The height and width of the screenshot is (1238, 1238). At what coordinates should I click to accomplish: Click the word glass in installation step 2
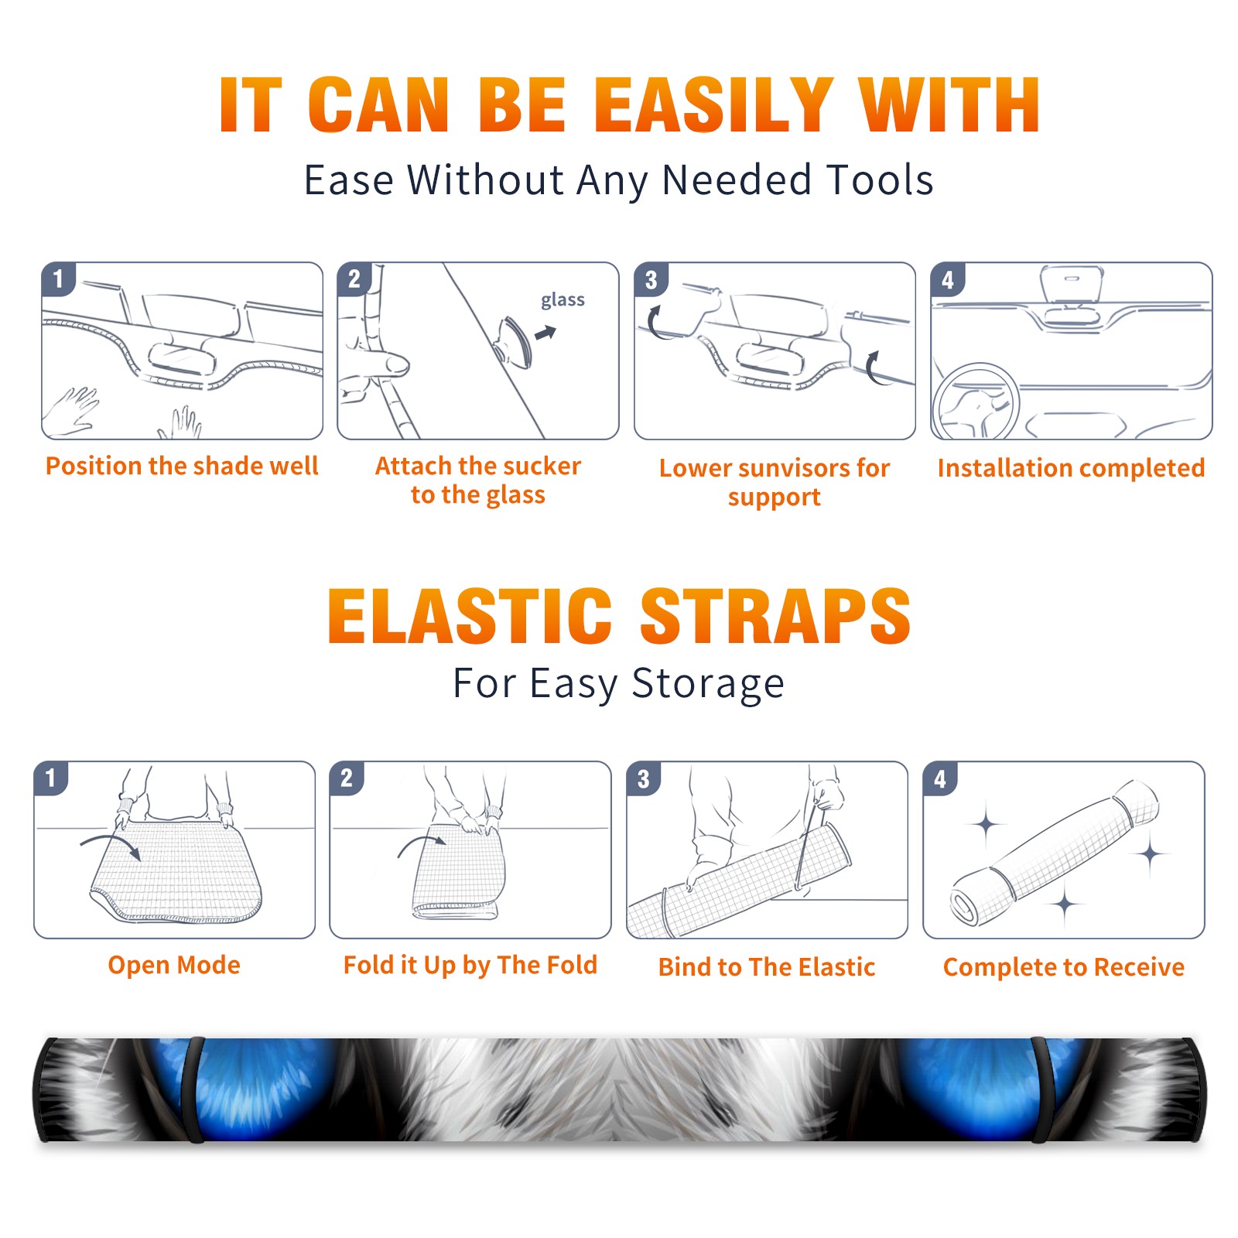pyautogui.click(x=563, y=300)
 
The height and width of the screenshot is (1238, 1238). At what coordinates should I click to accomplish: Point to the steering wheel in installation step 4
pyautogui.click(x=976, y=402)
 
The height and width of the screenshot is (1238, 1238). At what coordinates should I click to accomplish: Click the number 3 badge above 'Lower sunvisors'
pyautogui.click(x=651, y=279)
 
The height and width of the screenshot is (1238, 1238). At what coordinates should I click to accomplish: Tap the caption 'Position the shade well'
pyautogui.click(x=182, y=466)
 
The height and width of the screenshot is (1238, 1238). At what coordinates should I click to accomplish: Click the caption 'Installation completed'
pyautogui.click(x=1071, y=468)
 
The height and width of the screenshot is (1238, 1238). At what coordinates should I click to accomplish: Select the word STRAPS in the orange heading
pyautogui.click(x=775, y=616)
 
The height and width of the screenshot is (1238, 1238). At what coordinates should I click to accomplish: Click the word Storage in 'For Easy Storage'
pyautogui.click(x=708, y=684)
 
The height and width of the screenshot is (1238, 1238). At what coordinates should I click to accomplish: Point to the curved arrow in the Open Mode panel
pyautogui.click(x=111, y=843)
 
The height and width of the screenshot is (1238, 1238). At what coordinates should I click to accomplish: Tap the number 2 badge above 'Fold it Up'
pyautogui.click(x=347, y=778)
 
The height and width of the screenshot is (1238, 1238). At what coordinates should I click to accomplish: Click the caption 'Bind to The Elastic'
pyautogui.click(x=767, y=967)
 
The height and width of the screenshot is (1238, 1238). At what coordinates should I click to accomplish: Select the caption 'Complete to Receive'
pyautogui.click(x=1064, y=967)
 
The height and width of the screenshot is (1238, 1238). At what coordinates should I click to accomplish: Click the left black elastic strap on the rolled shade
pyautogui.click(x=192, y=1089)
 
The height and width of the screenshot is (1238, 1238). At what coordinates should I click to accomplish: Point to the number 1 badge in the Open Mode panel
pyautogui.click(x=51, y=778)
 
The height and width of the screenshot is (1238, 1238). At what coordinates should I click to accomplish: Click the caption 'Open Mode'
pyautogui.click(x=174, y=965)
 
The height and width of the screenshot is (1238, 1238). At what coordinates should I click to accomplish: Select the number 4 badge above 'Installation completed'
pyautogui.click(x=948, y=279)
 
